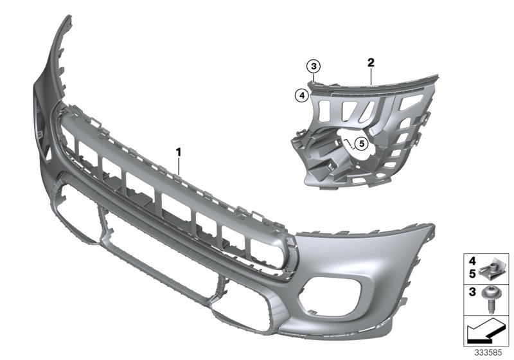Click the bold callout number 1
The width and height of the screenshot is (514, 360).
(x=179, y=152)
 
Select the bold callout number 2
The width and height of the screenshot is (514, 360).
(x=371, y=62)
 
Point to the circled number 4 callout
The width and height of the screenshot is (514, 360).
(x=301, y=95)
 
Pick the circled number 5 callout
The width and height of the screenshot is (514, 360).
(x=360, y=143)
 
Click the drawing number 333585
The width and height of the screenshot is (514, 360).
(x=488, y=352)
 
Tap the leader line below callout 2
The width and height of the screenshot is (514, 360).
(x=371, y=76)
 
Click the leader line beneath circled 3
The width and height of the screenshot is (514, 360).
(x=312, y=76)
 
